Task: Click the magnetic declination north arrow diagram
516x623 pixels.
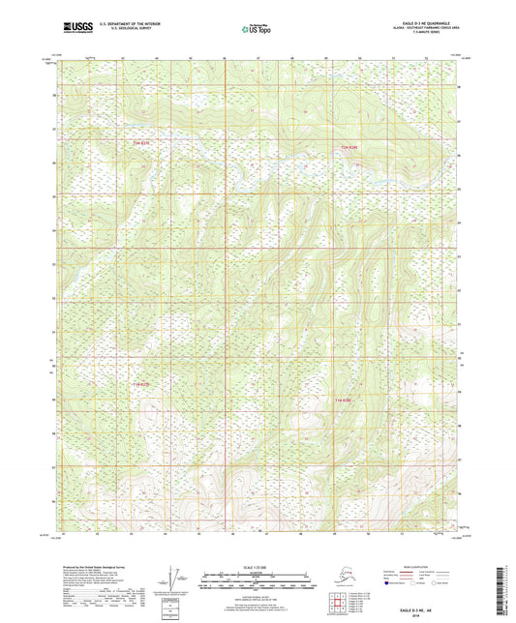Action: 178,586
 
